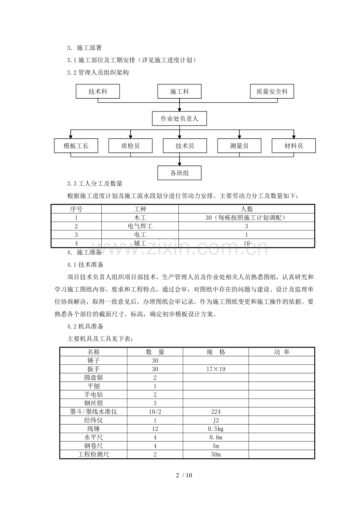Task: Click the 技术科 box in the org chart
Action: (98, 91)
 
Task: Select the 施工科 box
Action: (179, 91)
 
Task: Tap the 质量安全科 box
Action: (272, 91)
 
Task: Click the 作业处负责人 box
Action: (180, 119)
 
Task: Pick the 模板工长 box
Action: (76, 146)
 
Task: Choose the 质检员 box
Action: (130, 146)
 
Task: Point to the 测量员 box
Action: (239, 146)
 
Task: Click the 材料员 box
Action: (293, 146)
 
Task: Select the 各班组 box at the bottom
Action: (180, 173)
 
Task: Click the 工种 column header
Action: (140, 209)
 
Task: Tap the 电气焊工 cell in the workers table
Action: (140, 226)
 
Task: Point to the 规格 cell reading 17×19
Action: (216, 369)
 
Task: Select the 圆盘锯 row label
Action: (94, 378)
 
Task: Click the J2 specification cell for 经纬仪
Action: (216, 420)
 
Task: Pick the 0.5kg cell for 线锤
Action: (216, 429)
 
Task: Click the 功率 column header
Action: (281, 352)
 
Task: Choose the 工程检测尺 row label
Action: (94, 454)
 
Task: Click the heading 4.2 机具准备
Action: (85, 326)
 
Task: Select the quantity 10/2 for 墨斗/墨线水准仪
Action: (155, 412)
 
